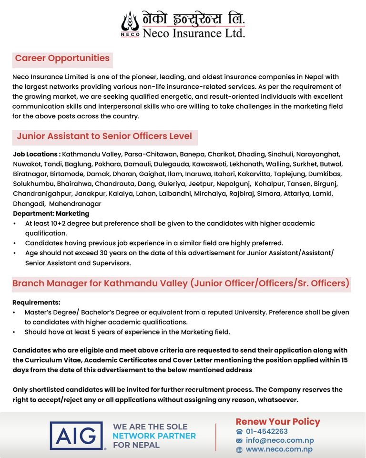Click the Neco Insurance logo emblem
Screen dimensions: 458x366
coord(130,24)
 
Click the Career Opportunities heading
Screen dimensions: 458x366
coord(62,59)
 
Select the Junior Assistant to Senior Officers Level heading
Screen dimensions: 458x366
coord(104,136)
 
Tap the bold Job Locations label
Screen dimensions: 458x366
coord(37,155)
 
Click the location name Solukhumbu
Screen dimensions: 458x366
coord(33,184)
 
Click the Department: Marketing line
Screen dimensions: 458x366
coord(51,214)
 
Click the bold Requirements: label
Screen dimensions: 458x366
coord(36,302)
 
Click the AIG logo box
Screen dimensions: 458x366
coord(76,436)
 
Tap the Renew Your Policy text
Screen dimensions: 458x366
coord(278,422)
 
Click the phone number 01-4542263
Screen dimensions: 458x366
coord(267,432)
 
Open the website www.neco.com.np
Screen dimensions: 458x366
coord(279,449)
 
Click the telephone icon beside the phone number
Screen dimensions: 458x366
coord(239,432)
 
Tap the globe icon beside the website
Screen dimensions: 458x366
coord(239,449)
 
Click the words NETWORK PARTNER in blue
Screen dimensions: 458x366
coord(154,436)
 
